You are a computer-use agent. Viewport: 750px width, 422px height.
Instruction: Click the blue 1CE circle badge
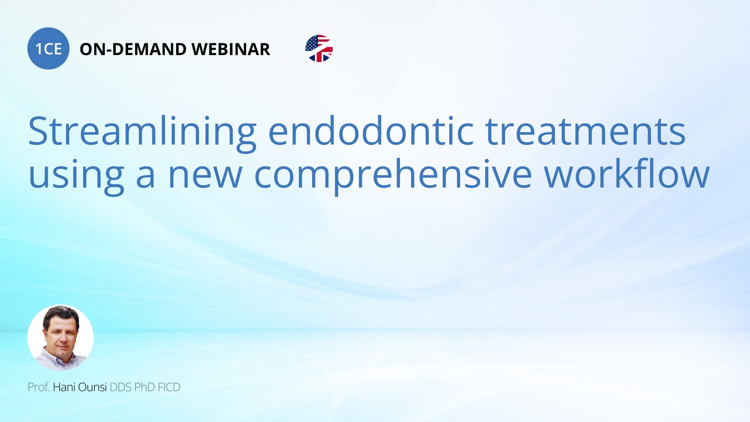[x=48, y=48]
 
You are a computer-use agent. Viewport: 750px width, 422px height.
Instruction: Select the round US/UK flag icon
[x=319, y=48]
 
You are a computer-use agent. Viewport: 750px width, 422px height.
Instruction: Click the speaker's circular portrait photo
[x=61, y=338]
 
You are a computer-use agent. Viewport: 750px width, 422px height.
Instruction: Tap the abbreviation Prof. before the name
[x=39, y=387]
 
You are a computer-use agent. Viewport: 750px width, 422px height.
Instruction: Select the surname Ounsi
[x=93, y=387]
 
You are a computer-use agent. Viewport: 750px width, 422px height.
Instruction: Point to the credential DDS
[x=121, y=387]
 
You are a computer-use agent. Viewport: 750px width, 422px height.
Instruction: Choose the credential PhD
[x=145, y=387]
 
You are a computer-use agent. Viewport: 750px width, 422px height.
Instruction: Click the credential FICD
[x=169, y=387]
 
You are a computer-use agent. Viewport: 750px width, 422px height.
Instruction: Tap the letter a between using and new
[x=146, y=177]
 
